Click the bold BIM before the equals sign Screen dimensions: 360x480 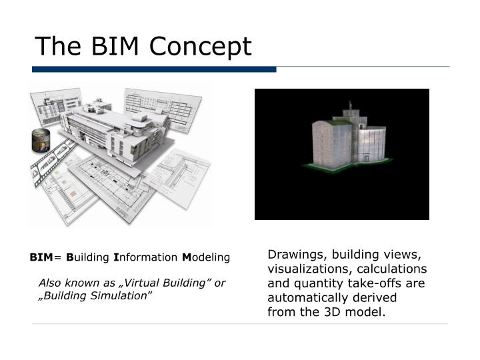tap(41, 257)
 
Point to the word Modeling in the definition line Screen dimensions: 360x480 tap(205, 257)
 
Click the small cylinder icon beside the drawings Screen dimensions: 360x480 tap(41, 140)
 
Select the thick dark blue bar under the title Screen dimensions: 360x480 tap(153, 69)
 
